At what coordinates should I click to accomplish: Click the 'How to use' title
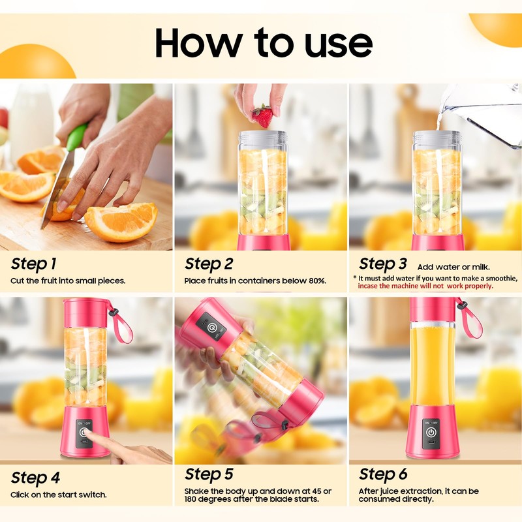pyautogui.click(x=264, y=43)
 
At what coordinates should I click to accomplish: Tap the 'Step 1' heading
pyautogui.click(x=33, y=264)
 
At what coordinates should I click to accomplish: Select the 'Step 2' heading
pyautogui.click(x=209, y=264)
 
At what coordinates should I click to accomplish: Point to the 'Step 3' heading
pyautogui.click(x=383, y=264)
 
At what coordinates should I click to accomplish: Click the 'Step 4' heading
pyautogui.click(x=35, y=478)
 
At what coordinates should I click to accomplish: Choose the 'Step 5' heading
pyautogui.click(x=209, y=475)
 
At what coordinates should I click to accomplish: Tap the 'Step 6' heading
pyautogui.click(x=383, y=475)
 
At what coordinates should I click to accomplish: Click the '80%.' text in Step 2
pyautogui.click(x=317, y=281)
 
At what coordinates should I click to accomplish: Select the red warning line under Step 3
pyautogui.click(x=425, y=286)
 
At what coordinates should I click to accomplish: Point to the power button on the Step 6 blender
pyautogui.click(x=431, y=433)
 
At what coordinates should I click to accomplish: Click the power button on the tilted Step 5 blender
pyautogui.click(x=211, y=328)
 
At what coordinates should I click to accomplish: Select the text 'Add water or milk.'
pyautogui.click(x=453, y=267)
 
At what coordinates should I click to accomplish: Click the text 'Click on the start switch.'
pyautogui.click(x=59, y=495)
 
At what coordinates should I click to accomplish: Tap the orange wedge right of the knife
pyautogui.click(x=121, y=221)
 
